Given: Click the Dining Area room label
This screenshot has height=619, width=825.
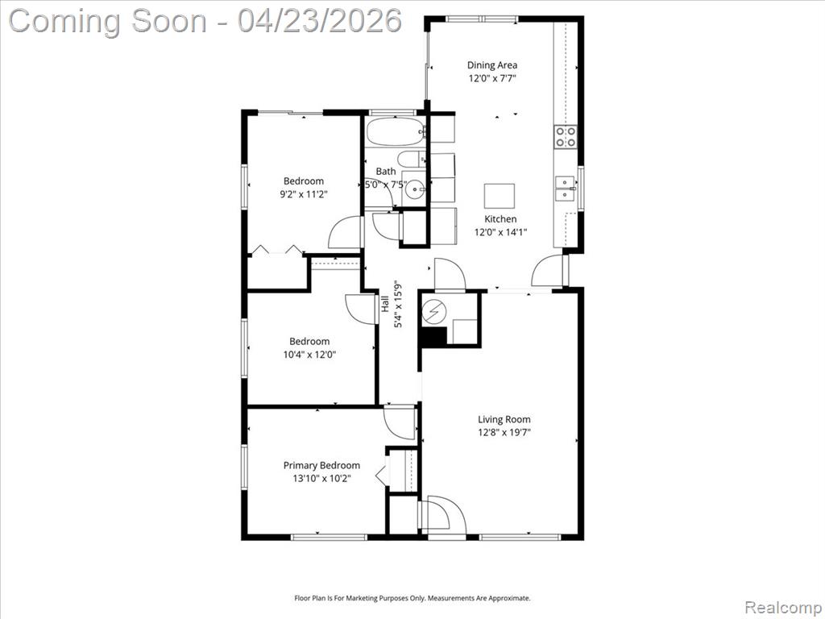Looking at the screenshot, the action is (492, 64).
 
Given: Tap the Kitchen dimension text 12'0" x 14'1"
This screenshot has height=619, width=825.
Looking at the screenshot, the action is (500, 231).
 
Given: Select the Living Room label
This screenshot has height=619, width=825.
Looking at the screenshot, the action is (504, 419).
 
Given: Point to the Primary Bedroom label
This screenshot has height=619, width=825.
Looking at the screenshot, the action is (321, 465).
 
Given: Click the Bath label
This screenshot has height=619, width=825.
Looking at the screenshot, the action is (386, 171).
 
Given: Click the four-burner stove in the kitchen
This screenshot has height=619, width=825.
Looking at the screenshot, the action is (566, 136).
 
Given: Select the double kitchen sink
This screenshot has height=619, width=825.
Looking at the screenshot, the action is (566, 189).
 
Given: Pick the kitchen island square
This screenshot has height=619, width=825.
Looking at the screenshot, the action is (500, 197).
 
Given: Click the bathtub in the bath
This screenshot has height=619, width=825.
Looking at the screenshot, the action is (396, 131).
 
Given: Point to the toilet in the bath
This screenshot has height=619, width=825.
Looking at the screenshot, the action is (411, 159).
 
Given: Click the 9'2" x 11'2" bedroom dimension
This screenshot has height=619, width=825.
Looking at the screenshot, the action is (304, 194).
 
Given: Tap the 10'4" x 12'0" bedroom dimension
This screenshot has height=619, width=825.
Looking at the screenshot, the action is (309, 355).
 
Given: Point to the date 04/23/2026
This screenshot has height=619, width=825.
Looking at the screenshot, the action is (320, 21).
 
